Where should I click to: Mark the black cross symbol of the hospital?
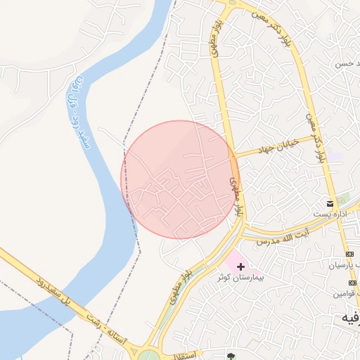pos(241,266)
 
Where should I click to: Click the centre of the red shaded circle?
pos(180,179)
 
